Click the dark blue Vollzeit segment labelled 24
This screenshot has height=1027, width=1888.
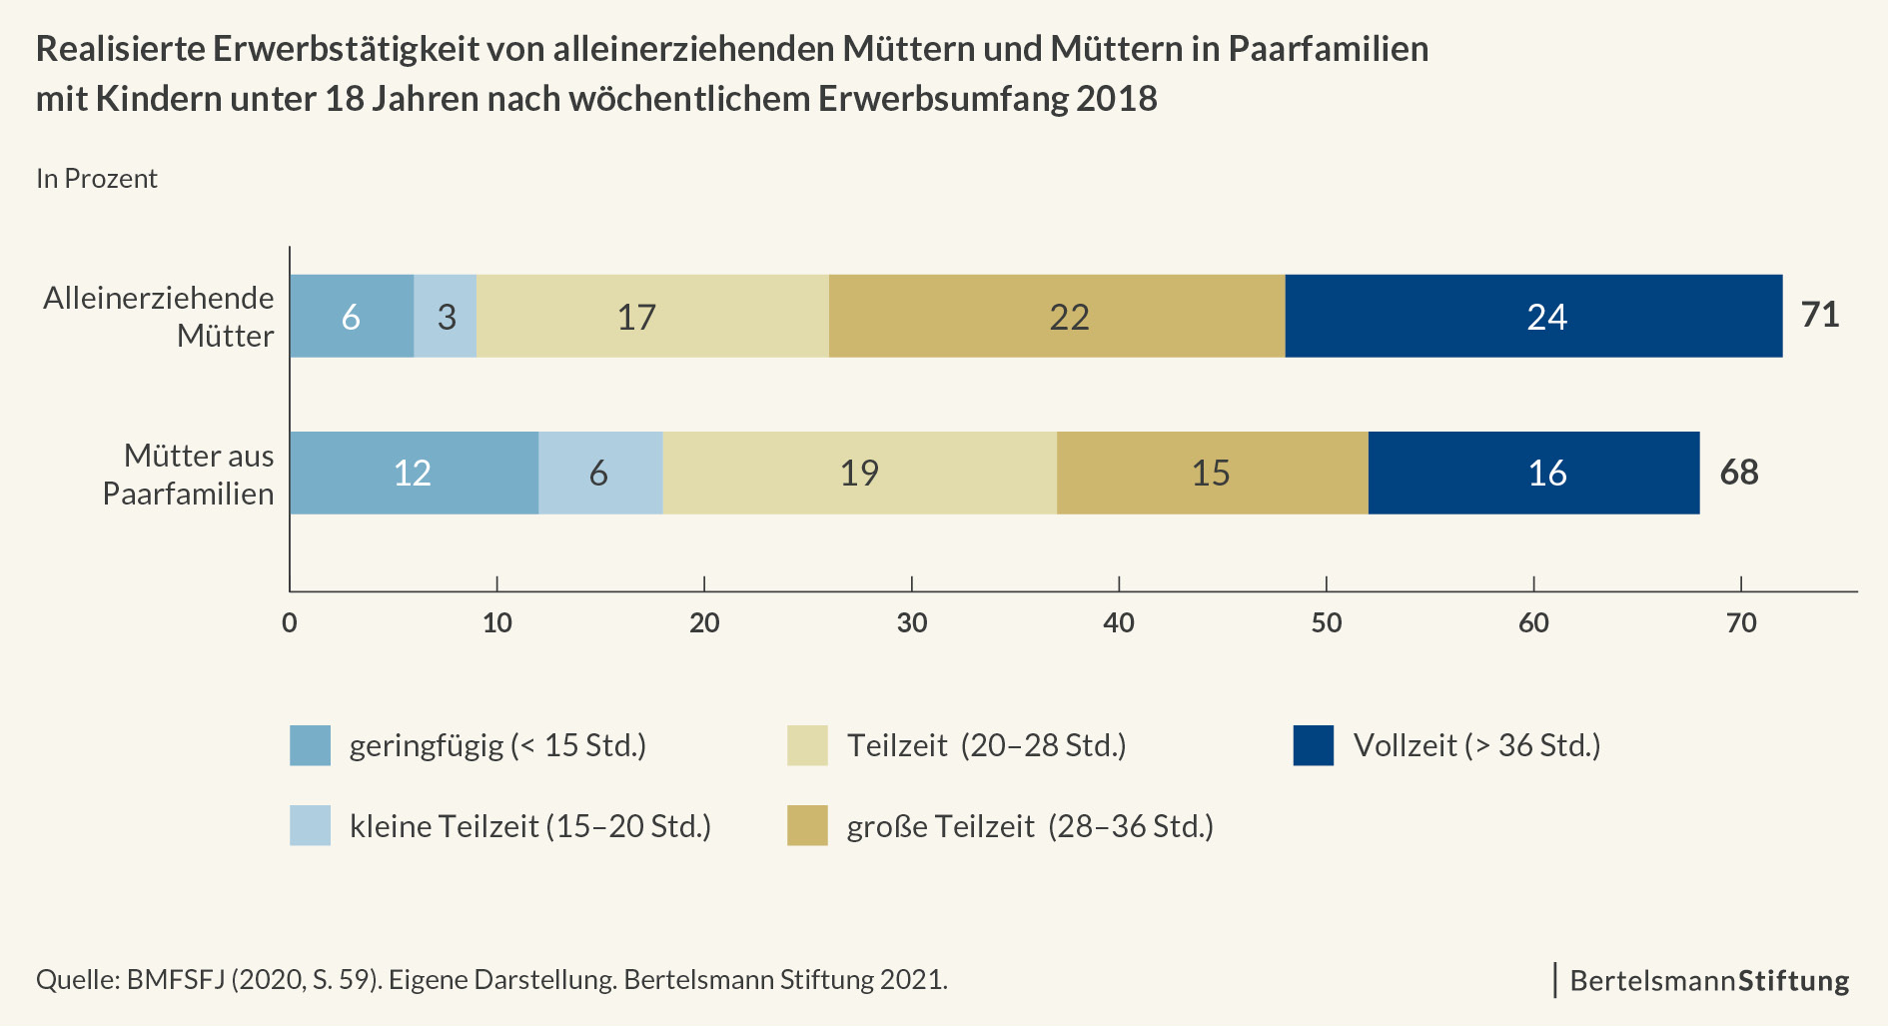click(1533, 316)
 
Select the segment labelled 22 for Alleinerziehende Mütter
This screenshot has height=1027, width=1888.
click(1057, 316)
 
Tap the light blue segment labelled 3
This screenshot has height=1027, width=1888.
click(446, 316)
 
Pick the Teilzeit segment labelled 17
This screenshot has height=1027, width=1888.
click(652, 316)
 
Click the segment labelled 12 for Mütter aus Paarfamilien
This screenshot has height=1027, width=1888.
click(414, 473)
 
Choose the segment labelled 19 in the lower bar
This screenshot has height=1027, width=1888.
click(859, 473)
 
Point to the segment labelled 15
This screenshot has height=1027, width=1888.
click(1212, 473)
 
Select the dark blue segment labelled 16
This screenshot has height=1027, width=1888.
click(1533, 473)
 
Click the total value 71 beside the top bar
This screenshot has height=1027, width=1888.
click(1820, 315)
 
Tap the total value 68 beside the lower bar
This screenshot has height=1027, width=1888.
click(1739, 472)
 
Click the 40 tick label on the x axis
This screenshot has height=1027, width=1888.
click(1119, 623)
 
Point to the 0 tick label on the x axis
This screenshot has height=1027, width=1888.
click(290, 623)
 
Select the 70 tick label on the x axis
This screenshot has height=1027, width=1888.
click(1741, 623)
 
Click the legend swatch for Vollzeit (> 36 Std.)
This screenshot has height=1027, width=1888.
click(1313, 746)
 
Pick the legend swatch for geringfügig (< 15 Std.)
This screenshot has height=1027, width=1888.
click(310, 746)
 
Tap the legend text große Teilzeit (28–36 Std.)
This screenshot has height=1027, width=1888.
click(1030, 827)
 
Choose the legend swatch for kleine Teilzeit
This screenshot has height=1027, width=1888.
click(310, 826)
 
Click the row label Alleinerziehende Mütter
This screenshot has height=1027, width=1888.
click(159, 316)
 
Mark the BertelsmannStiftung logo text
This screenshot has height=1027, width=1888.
click(1709, 980)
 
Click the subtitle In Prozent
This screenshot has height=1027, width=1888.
click(97, 179)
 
